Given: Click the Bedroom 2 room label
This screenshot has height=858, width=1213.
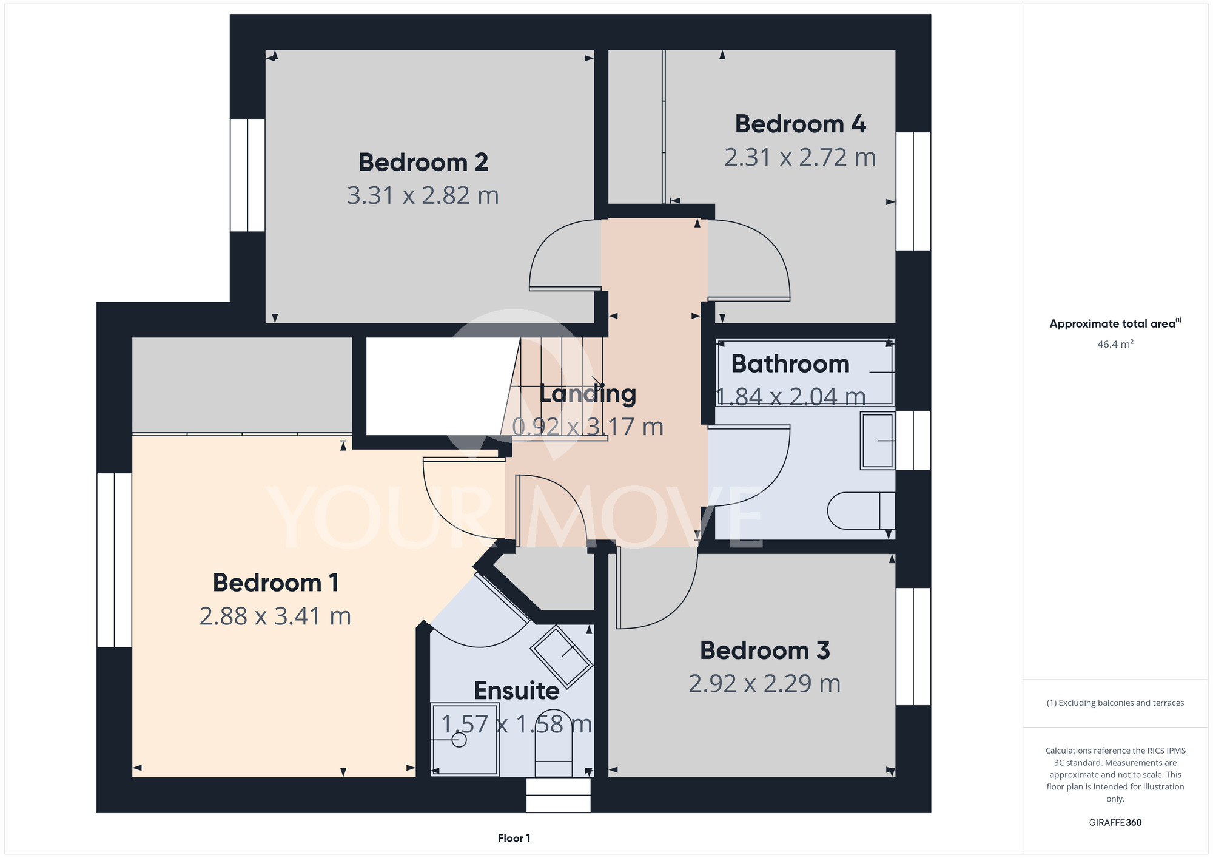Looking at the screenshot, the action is tap(423, 163).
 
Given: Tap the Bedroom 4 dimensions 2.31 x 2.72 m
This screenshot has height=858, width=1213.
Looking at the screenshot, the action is tap(800, 158).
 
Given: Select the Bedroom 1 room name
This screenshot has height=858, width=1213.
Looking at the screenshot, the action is tap(275, 583).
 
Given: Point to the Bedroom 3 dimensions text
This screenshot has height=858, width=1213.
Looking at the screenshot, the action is tap(764, 684).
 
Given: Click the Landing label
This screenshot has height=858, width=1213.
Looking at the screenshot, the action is tap(588, 394).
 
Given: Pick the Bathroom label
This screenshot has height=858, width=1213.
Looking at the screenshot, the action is tap(790, 364).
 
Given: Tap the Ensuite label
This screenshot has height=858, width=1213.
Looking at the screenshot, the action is tap(517, 691).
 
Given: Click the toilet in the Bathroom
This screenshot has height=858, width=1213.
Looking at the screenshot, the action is tap(861, 510).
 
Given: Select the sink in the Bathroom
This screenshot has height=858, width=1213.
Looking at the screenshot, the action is tap(878, 441).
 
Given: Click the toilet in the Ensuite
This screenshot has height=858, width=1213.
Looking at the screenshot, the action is tap(554, 743).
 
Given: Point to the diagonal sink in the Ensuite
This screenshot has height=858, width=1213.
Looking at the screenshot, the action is tap(562, 656).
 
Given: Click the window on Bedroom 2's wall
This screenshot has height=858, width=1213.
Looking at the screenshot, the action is tap(247, 175).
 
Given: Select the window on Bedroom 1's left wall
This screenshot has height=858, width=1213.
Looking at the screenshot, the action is tap(114, 560).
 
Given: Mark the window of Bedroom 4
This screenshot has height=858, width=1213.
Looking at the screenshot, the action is tap(913, 191).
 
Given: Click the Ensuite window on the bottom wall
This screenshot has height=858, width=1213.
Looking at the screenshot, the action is tap(558, 795).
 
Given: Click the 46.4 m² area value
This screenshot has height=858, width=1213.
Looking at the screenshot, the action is tap(1115, 344).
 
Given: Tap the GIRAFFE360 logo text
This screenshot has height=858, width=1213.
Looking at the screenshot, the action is tap(1115, 823).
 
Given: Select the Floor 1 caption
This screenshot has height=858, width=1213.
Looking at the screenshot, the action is tap(514, 838).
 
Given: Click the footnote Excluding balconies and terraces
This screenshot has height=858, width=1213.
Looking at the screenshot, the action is tap(1115, 703).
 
